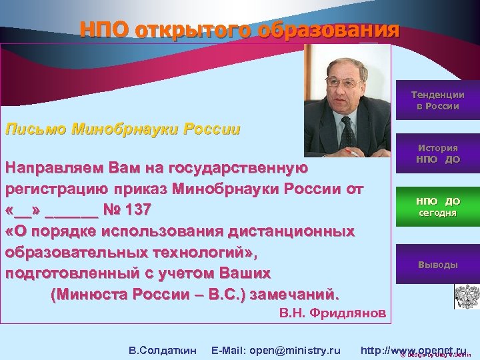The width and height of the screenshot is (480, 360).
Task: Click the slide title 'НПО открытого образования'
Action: [x=240, y=30]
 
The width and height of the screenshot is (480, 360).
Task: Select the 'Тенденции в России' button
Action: [x=437, y=100]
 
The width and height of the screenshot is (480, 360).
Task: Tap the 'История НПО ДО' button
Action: [x=437, y=154]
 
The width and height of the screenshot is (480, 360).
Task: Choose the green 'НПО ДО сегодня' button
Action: [x=437, y=207]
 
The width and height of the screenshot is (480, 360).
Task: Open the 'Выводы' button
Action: [x=437, y=265]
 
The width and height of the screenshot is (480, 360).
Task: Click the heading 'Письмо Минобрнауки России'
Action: [x=122, y=129]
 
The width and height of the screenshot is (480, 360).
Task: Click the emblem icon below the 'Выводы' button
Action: [x=466, y=295]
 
